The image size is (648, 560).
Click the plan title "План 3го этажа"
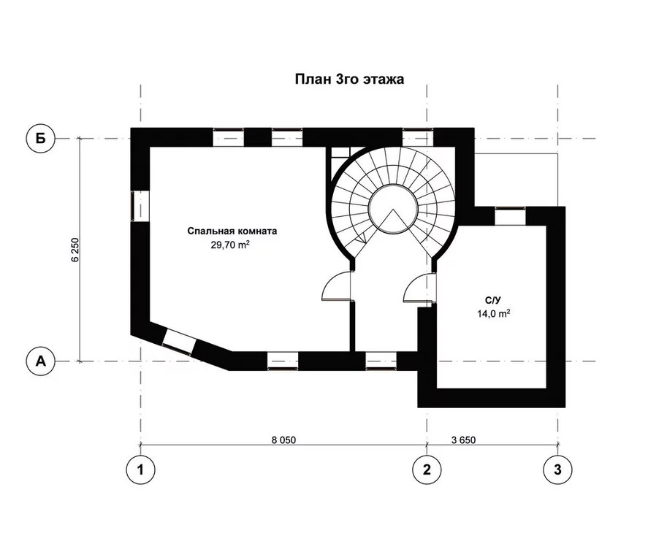point(349,79)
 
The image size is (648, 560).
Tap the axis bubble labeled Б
point(40,138)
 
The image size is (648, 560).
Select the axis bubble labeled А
point(40,361)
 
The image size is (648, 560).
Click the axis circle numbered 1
point(140,469)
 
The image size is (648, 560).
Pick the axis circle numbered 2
point(427,469)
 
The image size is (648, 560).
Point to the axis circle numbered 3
point(557,469)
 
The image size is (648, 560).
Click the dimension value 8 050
point(283,440)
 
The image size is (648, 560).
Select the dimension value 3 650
point(463,440)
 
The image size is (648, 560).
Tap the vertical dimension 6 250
point(75,250)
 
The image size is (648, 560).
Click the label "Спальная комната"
point(232,231)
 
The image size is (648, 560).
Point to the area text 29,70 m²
point(230,245)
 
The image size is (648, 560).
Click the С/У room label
point(493,299)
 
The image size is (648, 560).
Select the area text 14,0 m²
point(493,313)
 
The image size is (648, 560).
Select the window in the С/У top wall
point(510,216)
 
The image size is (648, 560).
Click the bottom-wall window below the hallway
point(381,360)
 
